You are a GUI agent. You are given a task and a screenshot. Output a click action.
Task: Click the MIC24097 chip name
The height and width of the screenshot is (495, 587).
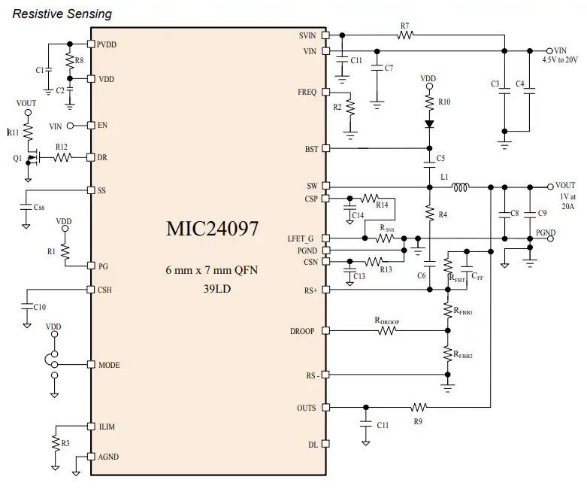click(212, 229)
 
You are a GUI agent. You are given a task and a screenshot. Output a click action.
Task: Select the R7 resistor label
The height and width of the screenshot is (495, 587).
click(404, 26)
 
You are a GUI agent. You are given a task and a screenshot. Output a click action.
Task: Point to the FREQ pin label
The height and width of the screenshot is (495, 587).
click(307, 92)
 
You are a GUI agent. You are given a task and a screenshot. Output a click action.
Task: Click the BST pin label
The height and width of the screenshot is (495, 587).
click(310, 149)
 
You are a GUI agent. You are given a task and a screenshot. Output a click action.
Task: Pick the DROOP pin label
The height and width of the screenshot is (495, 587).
click(303, 331)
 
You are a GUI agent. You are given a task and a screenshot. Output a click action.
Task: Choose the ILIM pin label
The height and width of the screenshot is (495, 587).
click(108, 427)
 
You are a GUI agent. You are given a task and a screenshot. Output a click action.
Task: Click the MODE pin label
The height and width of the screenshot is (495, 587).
click(110, 365)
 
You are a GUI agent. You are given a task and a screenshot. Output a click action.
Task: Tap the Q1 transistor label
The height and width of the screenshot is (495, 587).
click(17, 158)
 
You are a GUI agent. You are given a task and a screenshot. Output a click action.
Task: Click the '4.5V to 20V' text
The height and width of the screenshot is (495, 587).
click(561, 59)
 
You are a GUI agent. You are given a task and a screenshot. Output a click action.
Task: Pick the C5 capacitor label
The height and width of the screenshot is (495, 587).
click(440, 158)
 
